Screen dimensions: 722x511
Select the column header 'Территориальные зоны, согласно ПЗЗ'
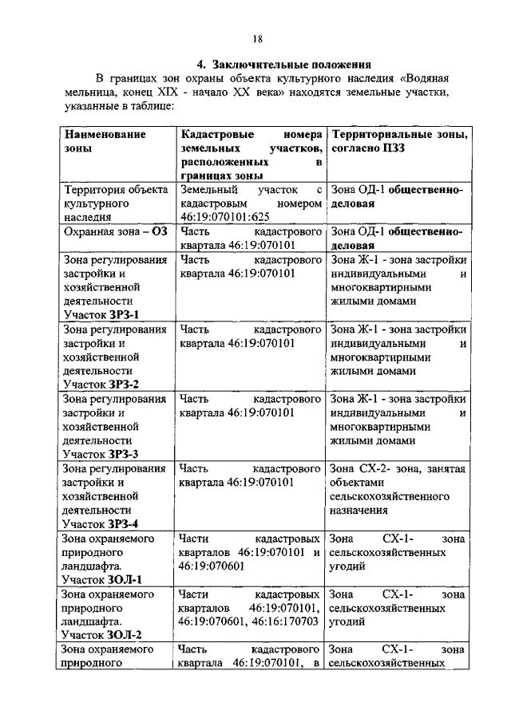398,141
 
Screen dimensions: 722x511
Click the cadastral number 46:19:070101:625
228,217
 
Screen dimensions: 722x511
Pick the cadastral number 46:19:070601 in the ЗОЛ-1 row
214,566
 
